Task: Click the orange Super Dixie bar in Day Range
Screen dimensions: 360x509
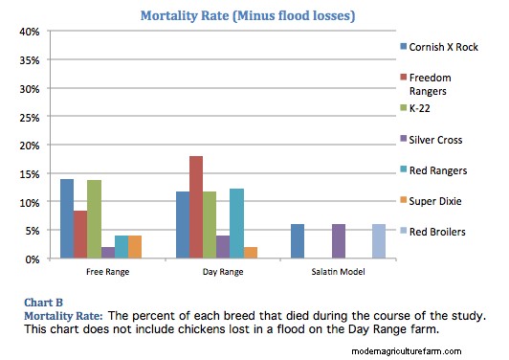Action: [x=250, y=253]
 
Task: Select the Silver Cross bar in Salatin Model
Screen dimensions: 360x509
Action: [x=337, y=241]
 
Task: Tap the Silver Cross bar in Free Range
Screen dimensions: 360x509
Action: [x=109, y=253]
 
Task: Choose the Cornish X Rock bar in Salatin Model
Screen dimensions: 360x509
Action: [x=297, y=241]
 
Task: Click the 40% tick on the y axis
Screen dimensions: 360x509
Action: [x=28, y=32]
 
